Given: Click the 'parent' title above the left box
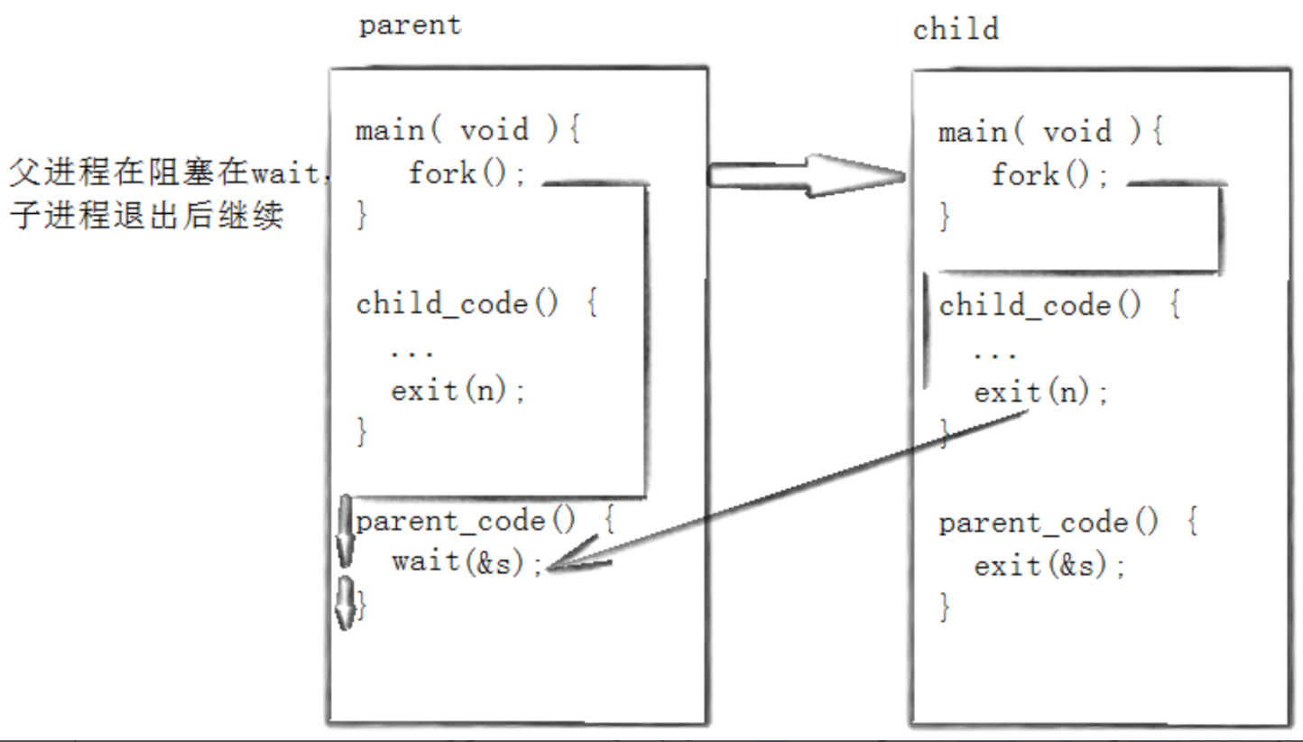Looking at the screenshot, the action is tap(410, 26).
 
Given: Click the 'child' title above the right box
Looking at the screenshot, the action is tap(956, 29).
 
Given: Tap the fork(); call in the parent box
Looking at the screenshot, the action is tap(467, 172).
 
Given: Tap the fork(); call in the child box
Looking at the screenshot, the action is tap(1050, 174).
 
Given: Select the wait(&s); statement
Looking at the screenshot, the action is tap(467, 562).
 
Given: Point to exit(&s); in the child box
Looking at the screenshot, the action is tap(1050, 565).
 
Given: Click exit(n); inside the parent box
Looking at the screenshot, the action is tap(458, 390).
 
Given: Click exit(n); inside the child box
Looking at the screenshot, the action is tap(1041, 393).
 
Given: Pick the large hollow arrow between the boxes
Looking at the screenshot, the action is tap(807, 176).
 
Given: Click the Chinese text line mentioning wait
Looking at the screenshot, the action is tap(170, 172).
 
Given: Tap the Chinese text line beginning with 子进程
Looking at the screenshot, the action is tap(146, 216).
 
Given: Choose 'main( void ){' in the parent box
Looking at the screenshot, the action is tap(468, 129).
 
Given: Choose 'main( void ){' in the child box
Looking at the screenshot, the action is tap(1050, 132).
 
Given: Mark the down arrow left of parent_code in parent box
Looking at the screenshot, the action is tap(346, 531).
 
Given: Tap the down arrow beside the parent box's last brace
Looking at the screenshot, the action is tap(346, 603).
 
